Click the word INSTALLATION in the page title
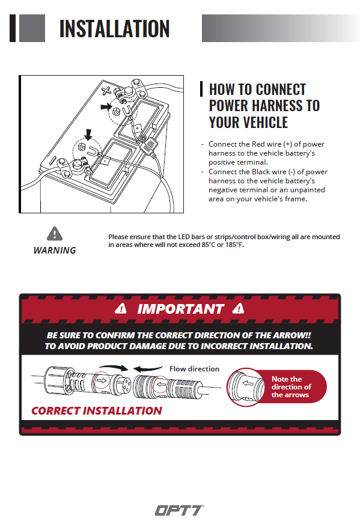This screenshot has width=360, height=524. coord(114,28)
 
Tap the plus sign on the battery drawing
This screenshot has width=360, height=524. coord(106,91)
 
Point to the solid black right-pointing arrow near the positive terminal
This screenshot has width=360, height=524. coord(106,106)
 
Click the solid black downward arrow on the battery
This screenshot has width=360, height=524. coord(88,135)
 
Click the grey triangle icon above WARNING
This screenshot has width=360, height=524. coord(55,234)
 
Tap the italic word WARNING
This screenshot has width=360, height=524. coord(55,251)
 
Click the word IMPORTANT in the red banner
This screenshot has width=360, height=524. coord(180,309)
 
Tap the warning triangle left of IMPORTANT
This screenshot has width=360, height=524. coord(121,308)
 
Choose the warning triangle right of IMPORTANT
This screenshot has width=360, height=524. coord(238,308)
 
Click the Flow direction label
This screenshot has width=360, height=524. coord(194,368)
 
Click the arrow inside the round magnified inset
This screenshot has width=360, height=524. coord(248,383)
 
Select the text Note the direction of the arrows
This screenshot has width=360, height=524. coord(291,386)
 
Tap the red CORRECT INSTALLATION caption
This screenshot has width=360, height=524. coord(97,410)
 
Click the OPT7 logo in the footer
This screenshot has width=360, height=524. coord(179,510)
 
